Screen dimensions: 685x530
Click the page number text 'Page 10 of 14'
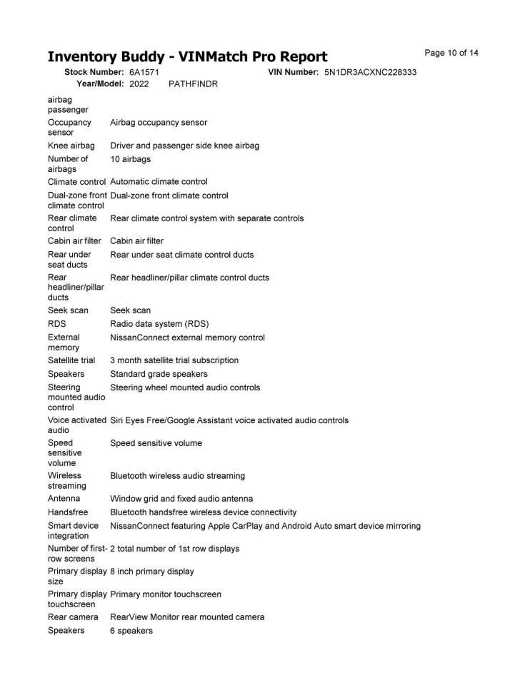(x=451, y=53)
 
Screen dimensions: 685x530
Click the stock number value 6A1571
(x=144, y=73)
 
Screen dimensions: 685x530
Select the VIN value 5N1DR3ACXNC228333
(x=370, y=73)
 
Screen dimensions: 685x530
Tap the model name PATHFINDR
(x=193, y=84)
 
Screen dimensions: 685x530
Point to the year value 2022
(x=139, y=84)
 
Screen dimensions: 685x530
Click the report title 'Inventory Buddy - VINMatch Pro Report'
(x=187, y=57)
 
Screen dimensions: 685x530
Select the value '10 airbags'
(x=130, y=159)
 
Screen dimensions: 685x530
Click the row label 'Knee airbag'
(x=71, y=146)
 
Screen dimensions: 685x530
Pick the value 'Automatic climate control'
(x=159, y=182)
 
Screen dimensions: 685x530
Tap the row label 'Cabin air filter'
(x=74, y=241)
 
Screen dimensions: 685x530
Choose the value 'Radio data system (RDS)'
(x=159, y=324)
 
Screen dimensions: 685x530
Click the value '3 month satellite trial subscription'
(x=174, y=360)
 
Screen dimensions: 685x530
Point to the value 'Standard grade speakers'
(x=159, y=374)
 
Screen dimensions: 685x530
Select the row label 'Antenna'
(x=64, y=499)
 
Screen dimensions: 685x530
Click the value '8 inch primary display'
(x=151, y=572)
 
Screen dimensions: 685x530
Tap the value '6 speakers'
(x=131, y=631)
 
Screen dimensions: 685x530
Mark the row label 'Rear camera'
(x=73, y=617)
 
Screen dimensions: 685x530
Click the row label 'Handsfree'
(x=67, y=512)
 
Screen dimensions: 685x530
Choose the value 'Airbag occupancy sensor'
(x=159, y=123)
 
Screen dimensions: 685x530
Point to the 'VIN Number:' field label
(x=293, y=73)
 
